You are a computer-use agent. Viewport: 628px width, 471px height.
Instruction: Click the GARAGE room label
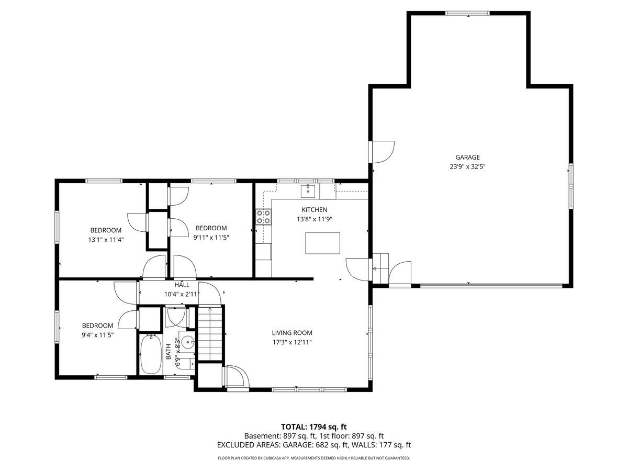click(x=467, y=157)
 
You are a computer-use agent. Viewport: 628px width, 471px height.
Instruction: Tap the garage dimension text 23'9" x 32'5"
click(x=467, y=167)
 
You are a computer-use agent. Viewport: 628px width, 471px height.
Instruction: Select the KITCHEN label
click(x=314, y=210)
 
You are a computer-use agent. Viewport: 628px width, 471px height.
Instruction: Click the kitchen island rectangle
click(x=322, y=243)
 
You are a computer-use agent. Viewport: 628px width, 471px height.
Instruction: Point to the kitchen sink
click(x=308, y=190)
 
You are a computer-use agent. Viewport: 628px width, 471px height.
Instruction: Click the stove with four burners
click(x=263, y=217)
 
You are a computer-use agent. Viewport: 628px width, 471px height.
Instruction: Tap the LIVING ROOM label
click(x=292, y=333)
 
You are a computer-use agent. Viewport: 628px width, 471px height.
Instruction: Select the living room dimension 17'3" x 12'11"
click(x=292, y=343)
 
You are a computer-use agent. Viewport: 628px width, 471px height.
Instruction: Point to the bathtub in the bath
click(x=151, y=355)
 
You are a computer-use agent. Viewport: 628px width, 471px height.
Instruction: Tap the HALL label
click(x=182, y=285)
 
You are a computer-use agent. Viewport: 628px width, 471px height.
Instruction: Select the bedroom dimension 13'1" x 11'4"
click(x=106, y=240)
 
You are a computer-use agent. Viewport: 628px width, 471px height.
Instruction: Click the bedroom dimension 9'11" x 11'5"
click(x=211, y=238)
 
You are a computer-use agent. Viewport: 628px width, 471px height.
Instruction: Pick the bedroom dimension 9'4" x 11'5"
click(x=98, y=335)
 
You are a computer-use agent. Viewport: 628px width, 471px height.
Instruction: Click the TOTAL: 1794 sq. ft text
click(x=314, y=427)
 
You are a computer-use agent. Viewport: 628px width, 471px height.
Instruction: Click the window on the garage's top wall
click(x=467, y=13)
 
